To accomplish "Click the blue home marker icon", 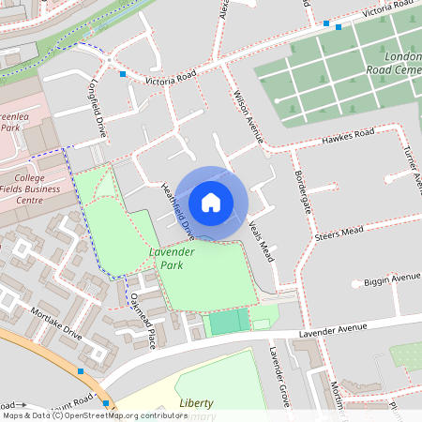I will [x=211, y=202].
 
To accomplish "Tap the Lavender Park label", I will [x=172, y=259].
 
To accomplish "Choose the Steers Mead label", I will [x=340, y=232].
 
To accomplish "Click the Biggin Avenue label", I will [x=392, y=279].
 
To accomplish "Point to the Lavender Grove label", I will [x=278, y=376].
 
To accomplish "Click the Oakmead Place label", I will [x=142, y=320].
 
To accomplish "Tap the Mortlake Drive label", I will [x=56, y=323].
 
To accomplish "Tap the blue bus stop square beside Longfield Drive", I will [x=123, y=73].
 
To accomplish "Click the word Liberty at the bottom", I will [x=196, y=402].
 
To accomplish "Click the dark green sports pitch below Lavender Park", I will [x=230, y=322].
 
